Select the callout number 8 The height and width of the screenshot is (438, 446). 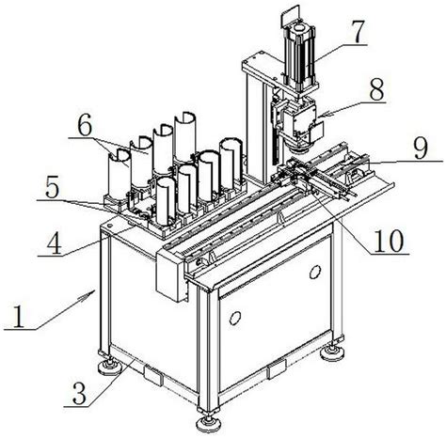click(375, 89)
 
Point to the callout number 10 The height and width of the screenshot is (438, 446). click(389, 241)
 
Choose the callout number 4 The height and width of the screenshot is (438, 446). click(54, 243)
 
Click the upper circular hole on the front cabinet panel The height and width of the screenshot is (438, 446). click(314, 272)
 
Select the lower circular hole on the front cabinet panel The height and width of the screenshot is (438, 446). click(235, 319)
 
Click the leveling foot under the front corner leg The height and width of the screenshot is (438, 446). click(209, 424)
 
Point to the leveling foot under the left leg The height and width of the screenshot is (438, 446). click(110, 367)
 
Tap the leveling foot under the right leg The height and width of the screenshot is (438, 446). click(332, 352)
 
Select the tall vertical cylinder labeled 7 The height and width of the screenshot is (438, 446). click(299, 58)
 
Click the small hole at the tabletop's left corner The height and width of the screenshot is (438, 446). click(109, 225)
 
